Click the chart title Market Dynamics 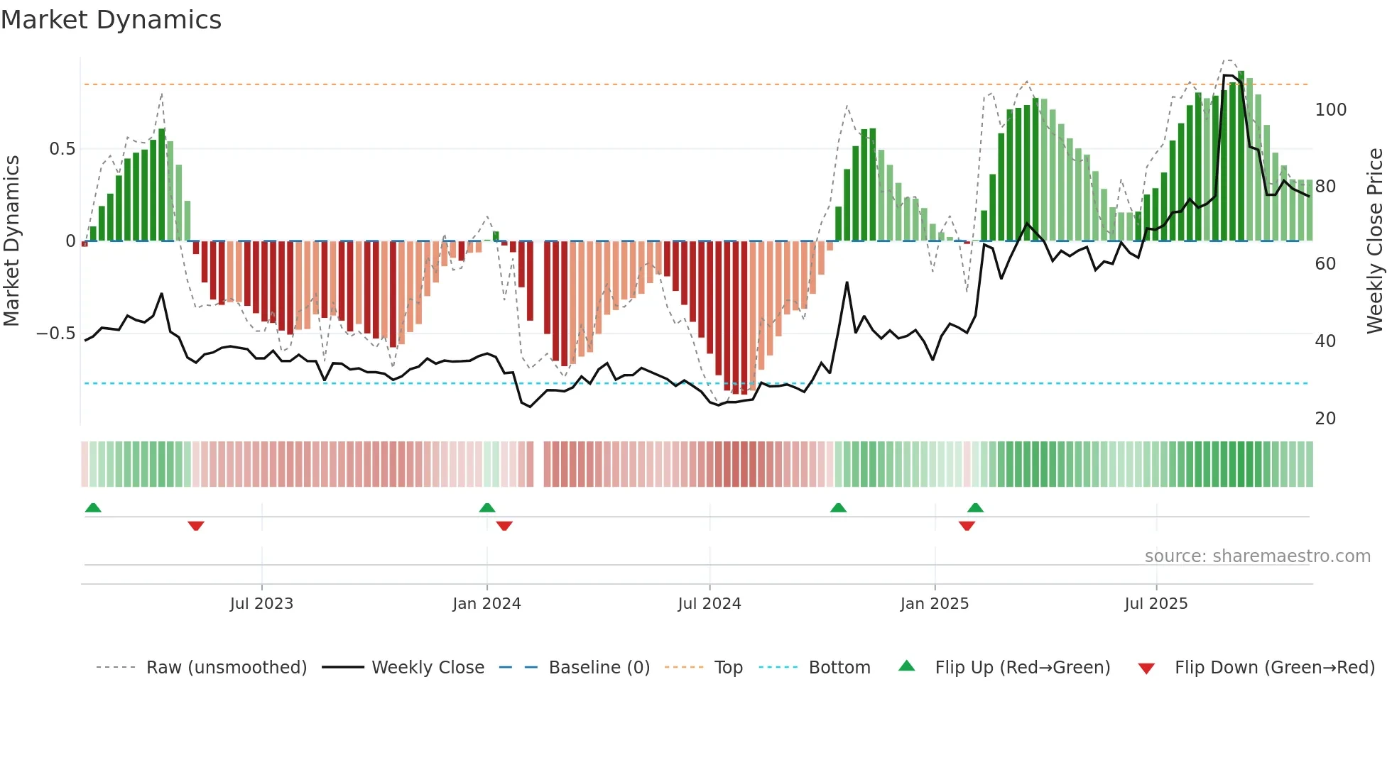coord(111,20)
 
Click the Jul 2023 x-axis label coord(261,604)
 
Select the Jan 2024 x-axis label coord(486,604)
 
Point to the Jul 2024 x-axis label coord(709,604)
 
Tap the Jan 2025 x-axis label coord(934,604)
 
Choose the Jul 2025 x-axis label coord(1156,604)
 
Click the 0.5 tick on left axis coord(62,149)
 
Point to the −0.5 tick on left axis coord(56,334)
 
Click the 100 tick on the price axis coord(1330,110)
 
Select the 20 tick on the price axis coord(1325,419)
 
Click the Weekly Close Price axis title coord(1375,241)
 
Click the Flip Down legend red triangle coord(1146,668)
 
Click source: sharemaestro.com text coord(1257,556)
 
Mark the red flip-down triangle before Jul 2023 coord(196,526)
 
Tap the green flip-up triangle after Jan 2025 coord(975,507)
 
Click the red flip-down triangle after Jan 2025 coord(967,526)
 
